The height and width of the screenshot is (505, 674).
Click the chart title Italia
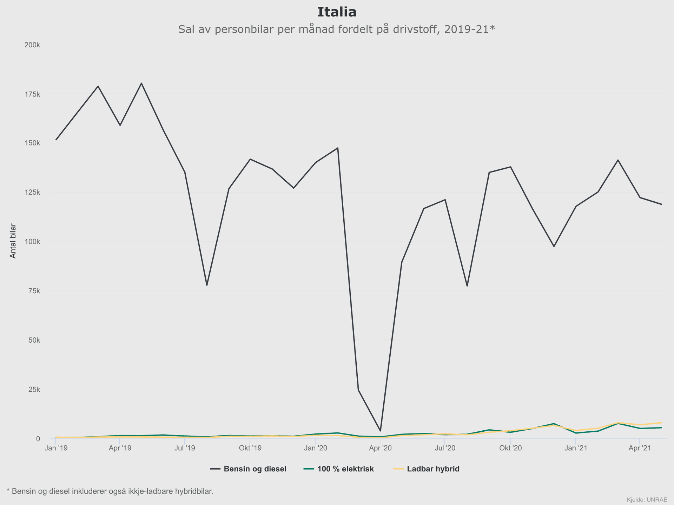click(337, 12)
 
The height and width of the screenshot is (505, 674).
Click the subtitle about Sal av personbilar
click(336, 29)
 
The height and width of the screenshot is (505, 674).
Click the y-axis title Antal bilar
click(13, 241)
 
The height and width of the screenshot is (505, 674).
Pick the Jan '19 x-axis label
click(56, 448)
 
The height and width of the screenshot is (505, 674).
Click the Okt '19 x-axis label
click(250, 448)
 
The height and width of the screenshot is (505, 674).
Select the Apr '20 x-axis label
click(380, 448)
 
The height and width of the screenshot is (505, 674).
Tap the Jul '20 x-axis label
click(445, 448)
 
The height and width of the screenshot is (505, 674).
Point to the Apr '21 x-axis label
click(640, 448)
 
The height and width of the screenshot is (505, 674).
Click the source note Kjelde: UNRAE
click(647, 499)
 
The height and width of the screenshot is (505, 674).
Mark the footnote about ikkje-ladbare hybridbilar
click(110, 491)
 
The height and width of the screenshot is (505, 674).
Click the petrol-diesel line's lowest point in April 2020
click(380, 431)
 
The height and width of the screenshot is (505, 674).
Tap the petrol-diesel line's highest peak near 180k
click(141, 83)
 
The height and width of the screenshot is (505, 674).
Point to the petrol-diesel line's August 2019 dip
click(207, 285)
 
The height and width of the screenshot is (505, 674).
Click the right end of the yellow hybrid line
click(661, 423)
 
